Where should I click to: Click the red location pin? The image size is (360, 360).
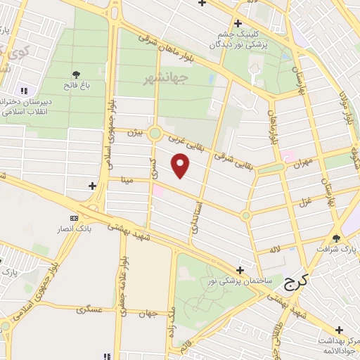click(181, 166)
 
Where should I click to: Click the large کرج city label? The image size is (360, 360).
click(297, 283)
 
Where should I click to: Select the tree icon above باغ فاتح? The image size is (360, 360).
click(76, 75)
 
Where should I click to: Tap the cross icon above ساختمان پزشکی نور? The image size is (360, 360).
click(240, 269)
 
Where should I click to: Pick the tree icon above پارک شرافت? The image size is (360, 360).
click(336, 238)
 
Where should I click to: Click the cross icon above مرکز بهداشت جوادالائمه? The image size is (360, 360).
click(340, 329)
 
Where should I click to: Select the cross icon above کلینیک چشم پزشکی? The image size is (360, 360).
click(238, 23)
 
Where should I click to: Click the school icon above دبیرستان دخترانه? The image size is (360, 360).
click(25, 91)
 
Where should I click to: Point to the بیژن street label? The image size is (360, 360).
click(135, 131)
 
